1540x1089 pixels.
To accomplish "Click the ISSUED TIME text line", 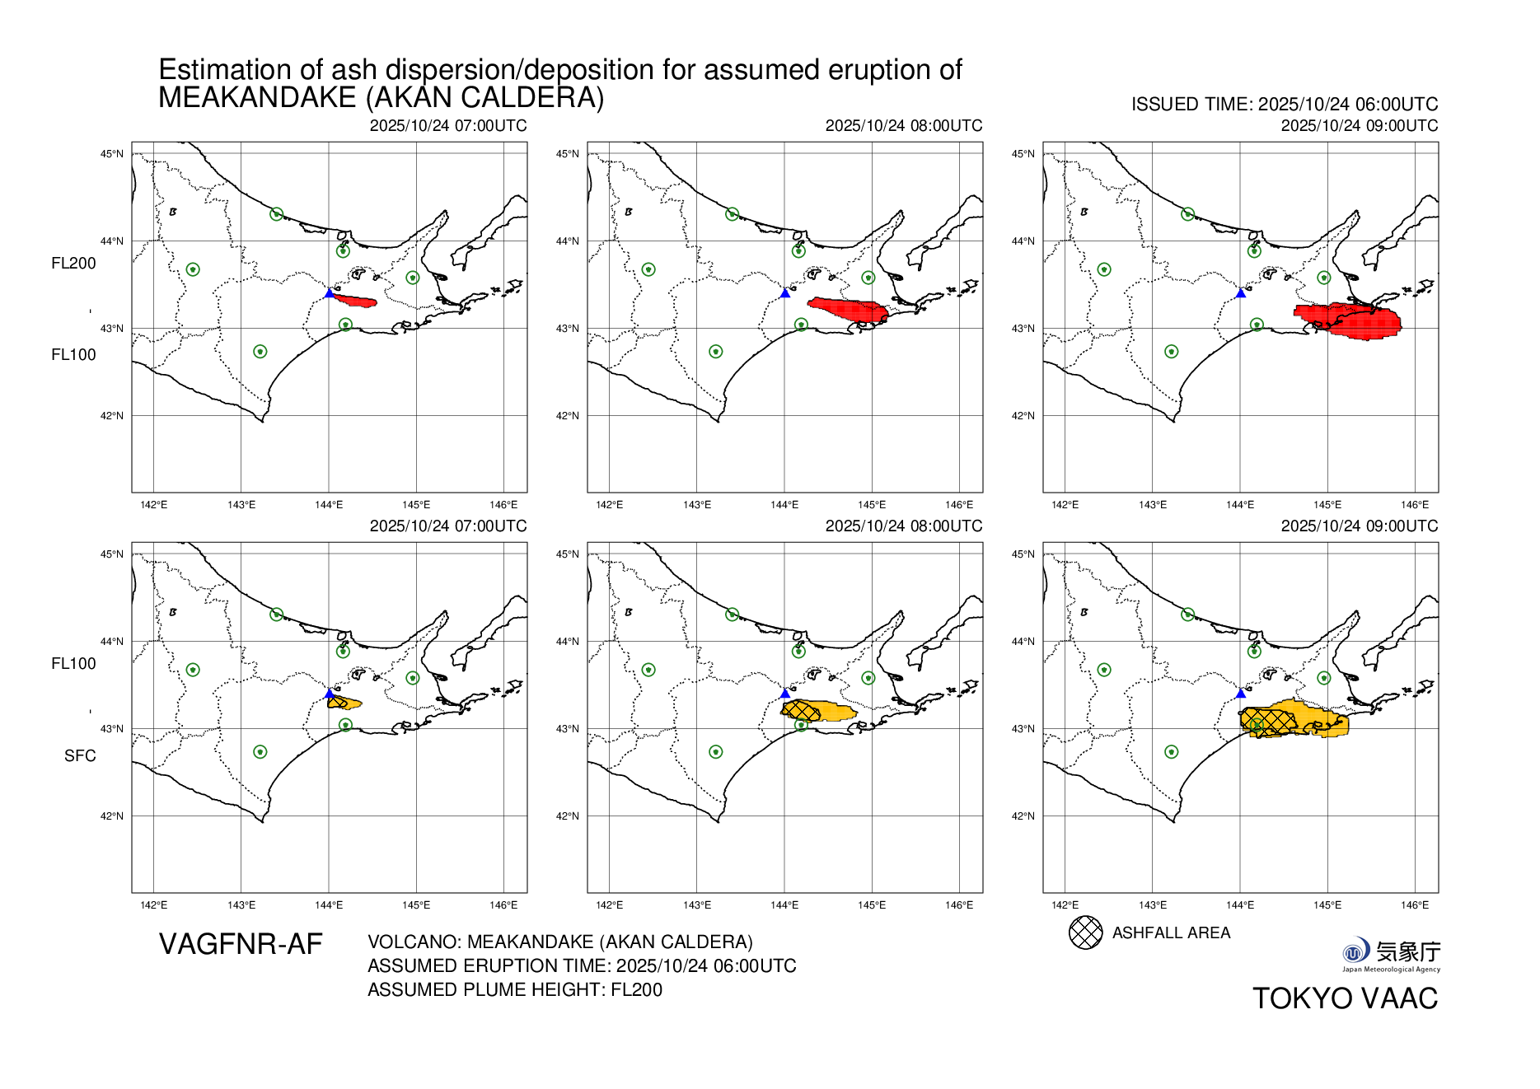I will (1284, 105).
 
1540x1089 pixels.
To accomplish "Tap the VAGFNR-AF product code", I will (241, 944).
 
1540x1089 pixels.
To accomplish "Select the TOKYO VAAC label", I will (1345, 998).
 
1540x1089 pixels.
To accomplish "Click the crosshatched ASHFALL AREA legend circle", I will (1085, 932).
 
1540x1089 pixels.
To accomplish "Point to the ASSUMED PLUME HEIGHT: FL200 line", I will (514, 989).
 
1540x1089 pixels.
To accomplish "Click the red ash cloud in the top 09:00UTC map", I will (1351, 320).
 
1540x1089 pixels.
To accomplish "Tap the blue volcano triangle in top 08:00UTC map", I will (784, 293).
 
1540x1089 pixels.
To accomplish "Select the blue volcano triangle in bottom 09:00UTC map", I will (1240, 694).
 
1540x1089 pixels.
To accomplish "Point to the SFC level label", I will (80, 755).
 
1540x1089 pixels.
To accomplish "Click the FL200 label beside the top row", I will (73, 264).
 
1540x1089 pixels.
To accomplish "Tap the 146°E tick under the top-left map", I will (503, 505).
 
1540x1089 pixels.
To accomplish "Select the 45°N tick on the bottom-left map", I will (112, 554).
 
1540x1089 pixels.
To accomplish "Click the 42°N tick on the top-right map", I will (1023, 416).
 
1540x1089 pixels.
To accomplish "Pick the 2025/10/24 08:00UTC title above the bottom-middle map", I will (903, 526).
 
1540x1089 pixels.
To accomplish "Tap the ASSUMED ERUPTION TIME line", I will (582, 965).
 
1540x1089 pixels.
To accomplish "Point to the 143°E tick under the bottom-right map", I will (1152, 905).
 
